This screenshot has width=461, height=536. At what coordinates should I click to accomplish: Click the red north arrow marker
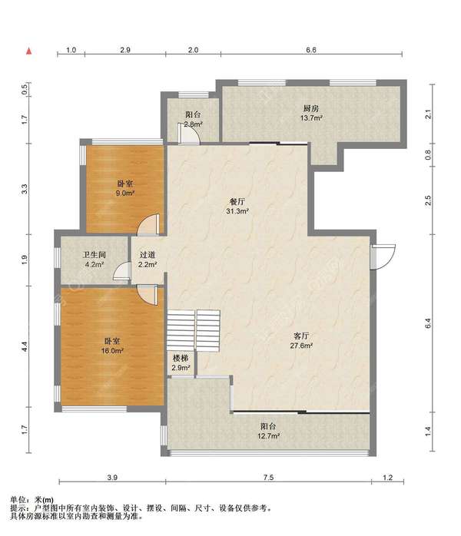(x=29, y=51)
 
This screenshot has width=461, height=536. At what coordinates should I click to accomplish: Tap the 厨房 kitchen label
(x=311, y=108)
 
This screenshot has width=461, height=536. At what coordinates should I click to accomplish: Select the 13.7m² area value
(x=311, y=118)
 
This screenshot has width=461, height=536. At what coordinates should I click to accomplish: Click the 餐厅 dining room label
(x=237, y=201)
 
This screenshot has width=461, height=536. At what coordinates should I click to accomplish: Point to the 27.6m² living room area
(x=301, y=346)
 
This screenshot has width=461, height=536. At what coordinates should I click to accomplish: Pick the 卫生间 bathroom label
(x=95, y=255)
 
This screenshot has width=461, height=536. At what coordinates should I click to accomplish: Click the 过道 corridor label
(x=148, y=255)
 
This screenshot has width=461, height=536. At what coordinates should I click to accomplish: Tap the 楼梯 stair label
(x=181, y=359)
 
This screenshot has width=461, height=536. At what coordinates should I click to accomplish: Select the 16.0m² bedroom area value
(x=112, y=351)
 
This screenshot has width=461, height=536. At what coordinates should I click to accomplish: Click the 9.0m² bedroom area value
(x=125, y=194)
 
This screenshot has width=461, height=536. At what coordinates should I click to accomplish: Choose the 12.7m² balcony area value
(x=269, y=436)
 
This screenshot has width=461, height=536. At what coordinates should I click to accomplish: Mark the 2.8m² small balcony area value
(x=193, y=124)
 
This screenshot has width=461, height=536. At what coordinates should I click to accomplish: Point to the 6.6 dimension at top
(x=311, y=50)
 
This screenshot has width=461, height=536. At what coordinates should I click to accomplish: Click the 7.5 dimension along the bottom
(x=268, y=477)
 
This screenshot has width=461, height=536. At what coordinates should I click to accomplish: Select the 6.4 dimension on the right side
(x=428, y=323)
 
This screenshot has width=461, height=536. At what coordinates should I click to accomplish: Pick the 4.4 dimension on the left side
(x=25, y=346)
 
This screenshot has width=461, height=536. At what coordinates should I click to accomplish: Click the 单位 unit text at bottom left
(x=18, y=500)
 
